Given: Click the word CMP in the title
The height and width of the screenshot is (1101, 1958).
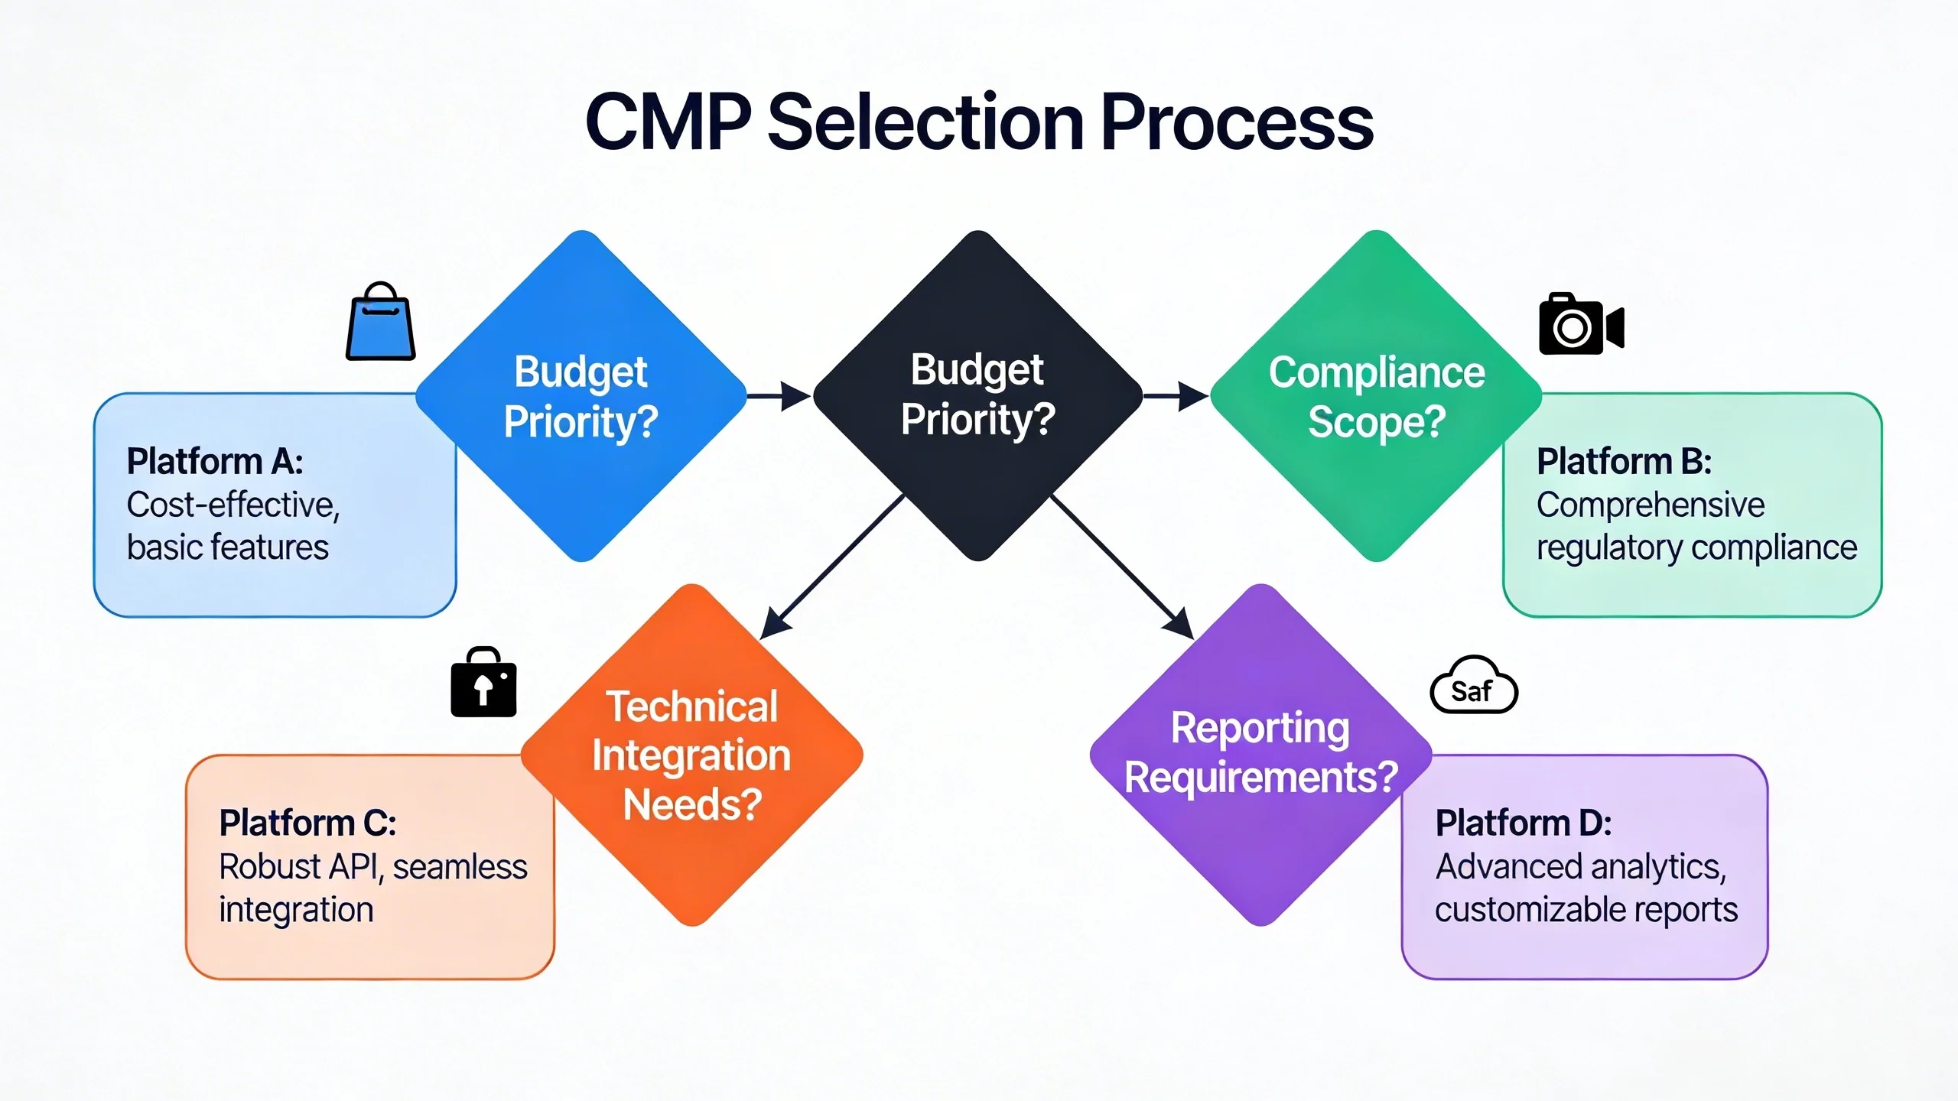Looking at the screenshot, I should coord(668,122).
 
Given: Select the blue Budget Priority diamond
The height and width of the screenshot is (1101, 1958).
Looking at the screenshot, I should coord(581,396).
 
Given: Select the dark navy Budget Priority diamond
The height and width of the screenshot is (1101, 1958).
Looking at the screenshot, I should coord(977,396).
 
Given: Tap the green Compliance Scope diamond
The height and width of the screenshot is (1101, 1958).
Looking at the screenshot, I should coord(1375,396).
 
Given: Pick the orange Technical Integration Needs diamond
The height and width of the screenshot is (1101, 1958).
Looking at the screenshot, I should coord(691,755).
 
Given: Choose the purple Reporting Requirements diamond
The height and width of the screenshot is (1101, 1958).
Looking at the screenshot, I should coord(1260,755).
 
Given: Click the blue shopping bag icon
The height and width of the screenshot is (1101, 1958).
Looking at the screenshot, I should coord(380,323).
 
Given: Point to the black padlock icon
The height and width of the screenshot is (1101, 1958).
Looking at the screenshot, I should coord(483,684).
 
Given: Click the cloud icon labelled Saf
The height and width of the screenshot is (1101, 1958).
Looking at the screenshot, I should coord(1473,687).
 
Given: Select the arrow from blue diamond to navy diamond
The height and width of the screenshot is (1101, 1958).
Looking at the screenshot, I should coord(779,396).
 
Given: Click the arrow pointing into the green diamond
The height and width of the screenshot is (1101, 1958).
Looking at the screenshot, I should coord(1176,396).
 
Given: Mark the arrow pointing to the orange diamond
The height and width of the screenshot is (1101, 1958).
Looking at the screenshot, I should coord(834,566).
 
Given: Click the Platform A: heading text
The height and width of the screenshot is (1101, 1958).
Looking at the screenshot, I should coord(215,462).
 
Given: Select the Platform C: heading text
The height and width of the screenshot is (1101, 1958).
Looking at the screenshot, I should coord(307,823).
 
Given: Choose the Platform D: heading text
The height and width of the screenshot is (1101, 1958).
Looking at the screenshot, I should coord(1524,823).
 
